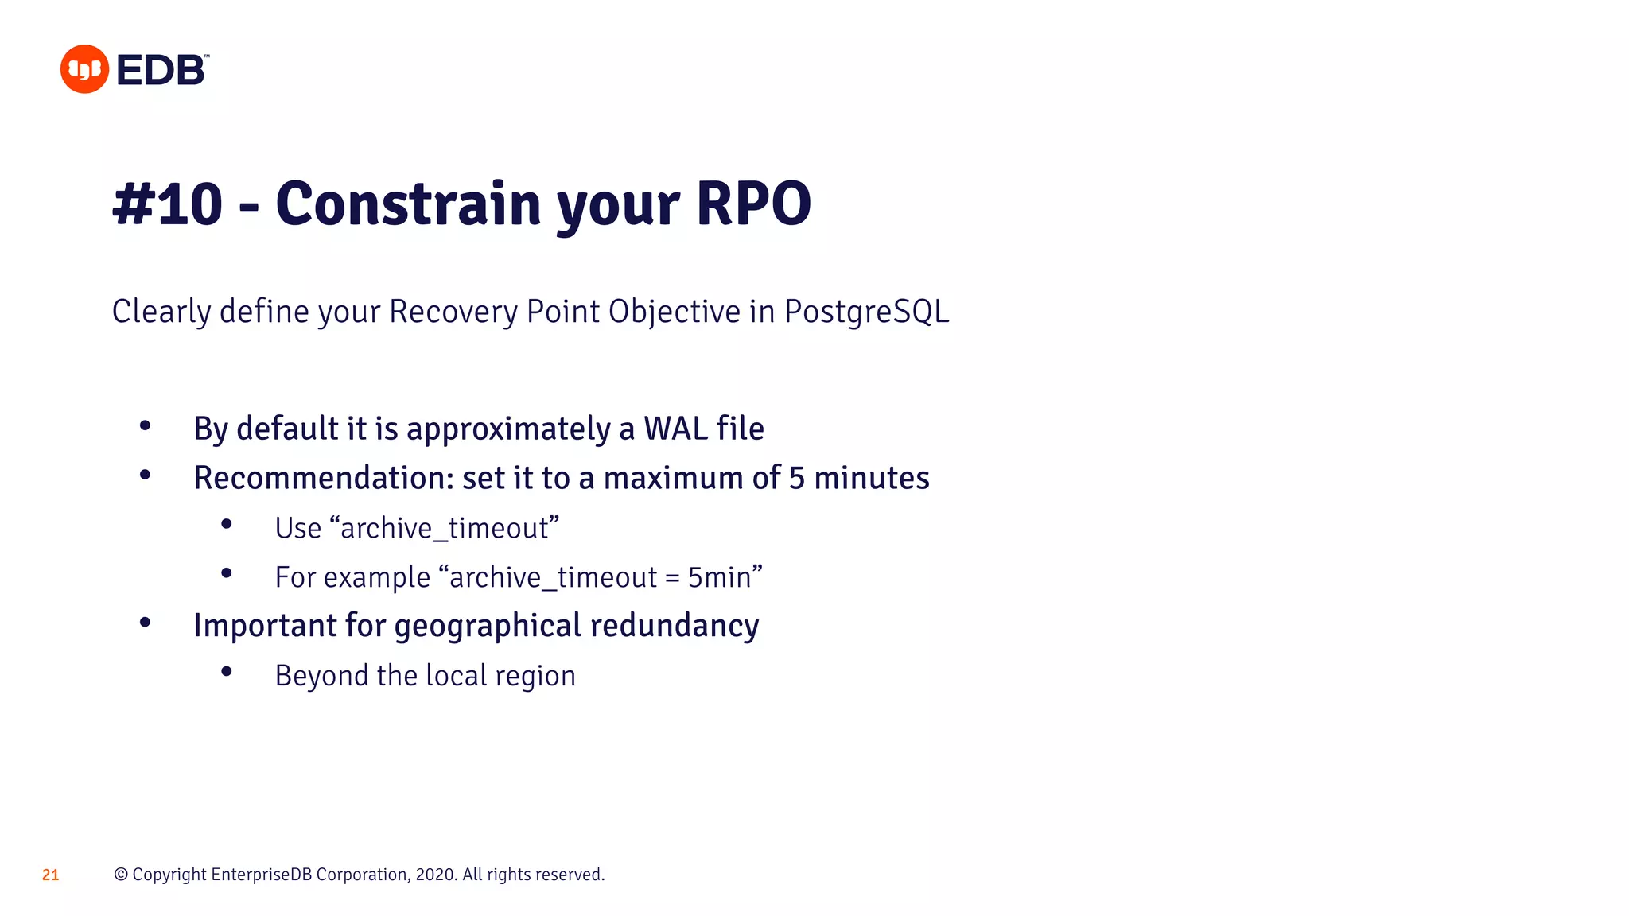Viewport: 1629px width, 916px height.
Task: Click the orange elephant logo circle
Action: (x=84, y=69)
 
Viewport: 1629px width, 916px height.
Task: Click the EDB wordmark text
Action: (x=161, y=70)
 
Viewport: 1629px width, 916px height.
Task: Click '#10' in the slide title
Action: (x=167, y=204)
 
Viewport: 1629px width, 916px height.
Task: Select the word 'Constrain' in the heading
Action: (x=408, y=204)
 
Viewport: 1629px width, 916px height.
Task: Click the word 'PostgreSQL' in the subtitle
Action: (x=866, y=312)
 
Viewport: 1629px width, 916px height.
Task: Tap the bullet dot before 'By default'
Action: (x=145, y=426)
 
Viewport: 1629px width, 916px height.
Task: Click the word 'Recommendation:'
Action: (x=323, y=478)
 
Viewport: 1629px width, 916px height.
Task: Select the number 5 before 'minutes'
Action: (x=796, y=478)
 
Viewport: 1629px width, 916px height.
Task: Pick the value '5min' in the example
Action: (x=719, y=577)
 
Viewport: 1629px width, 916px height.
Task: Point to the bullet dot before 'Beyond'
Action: (x=227, y=672)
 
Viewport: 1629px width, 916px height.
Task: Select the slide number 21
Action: (x=50, y=875)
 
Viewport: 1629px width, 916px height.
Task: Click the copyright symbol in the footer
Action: (x=121, y=875)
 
